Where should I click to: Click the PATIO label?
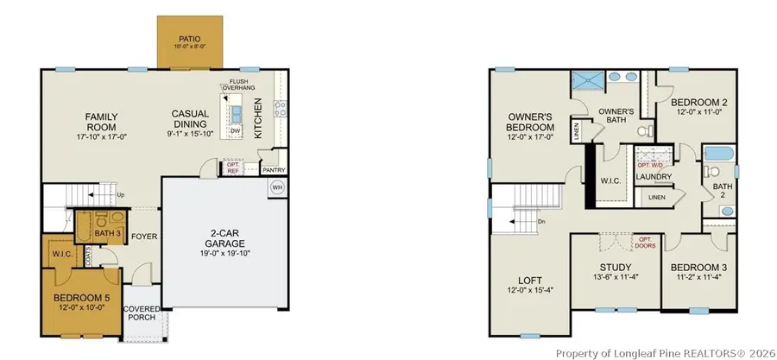click(188, 39)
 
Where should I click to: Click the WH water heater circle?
click(277, 186)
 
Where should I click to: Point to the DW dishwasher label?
click(235, 131)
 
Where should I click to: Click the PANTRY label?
click(274, 170)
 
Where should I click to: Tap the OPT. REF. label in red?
click(232, 168)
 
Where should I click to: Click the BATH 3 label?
click(107, 234)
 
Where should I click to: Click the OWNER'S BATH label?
click(616, 117)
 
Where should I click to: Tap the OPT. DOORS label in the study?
click(645, 242)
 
